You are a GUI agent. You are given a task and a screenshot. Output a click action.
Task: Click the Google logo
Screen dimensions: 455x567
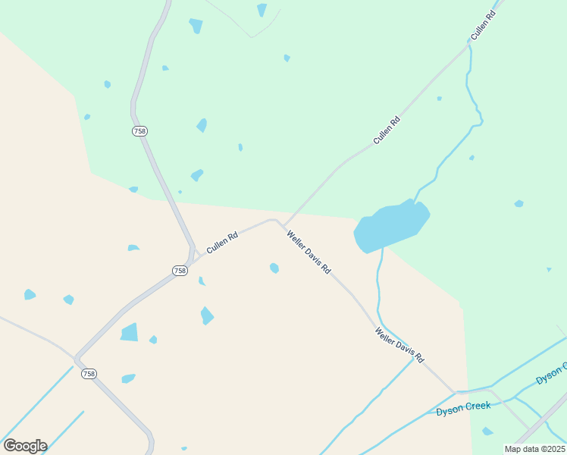(x=25, y=446)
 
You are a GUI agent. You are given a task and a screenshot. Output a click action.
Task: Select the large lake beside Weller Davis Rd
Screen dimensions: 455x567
(x=390, y=225)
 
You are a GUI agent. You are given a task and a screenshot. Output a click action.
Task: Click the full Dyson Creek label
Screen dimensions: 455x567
(x=463, y=408)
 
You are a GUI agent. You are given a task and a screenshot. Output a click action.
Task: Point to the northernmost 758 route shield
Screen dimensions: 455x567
(x=139, y=131)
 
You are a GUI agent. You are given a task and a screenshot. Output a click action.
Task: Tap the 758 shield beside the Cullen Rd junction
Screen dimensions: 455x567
(x=180, y=271)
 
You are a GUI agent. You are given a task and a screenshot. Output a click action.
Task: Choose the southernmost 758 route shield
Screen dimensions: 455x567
(x=89, y=374)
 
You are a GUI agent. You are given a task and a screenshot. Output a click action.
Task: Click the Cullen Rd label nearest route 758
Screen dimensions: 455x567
(x=222, y=242)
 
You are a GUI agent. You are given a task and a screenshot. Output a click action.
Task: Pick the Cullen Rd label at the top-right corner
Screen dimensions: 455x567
(x=482, y=25)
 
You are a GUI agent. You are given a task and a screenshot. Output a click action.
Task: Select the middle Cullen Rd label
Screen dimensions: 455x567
(x=387, y=130)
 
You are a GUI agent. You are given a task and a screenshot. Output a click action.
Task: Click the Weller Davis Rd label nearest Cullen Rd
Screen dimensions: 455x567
(x=309, y=253)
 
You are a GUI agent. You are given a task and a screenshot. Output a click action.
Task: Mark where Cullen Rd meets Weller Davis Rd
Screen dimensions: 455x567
(x=279, y=222)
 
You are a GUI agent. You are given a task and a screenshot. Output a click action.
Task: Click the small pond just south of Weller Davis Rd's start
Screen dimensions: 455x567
(x=274, y=268)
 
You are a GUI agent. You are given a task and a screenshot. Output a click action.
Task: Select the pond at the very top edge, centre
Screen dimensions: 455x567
(x=262, y=9)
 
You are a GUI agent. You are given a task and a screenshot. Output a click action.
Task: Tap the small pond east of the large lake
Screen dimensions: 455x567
(x=518, y=203)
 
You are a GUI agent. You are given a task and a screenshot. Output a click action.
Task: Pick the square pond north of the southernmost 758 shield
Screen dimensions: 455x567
(x=130, y=332)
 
